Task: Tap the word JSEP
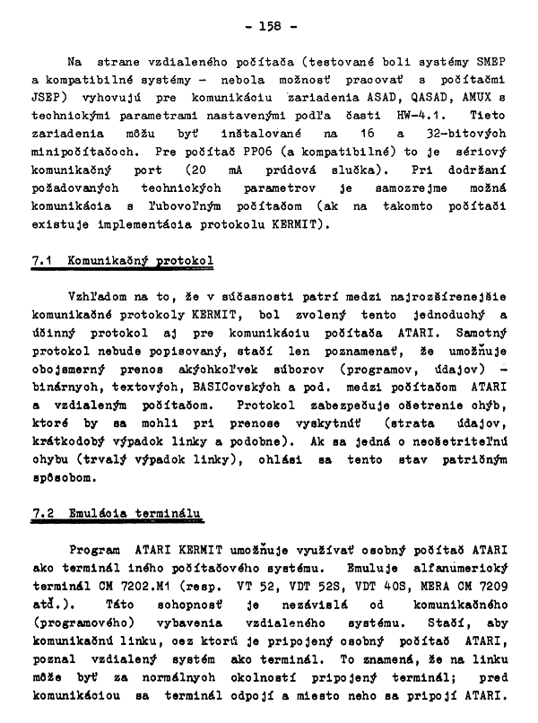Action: [x=48, y=98]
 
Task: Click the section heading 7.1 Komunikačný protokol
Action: [x=123, y=260]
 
